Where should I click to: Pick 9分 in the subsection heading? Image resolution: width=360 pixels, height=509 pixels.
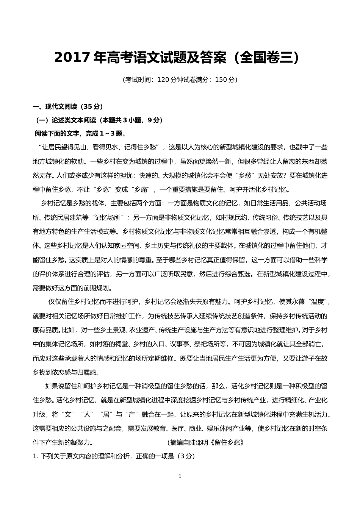(x=153, y=120)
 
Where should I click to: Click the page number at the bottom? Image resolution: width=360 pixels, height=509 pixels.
(x=180, y=476)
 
